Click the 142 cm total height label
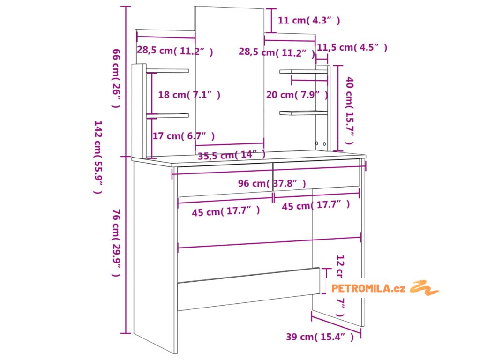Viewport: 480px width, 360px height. click(x=98, y=157)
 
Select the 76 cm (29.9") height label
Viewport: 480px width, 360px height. click(x=117, y=244)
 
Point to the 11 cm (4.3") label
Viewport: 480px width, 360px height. click(x=309, y=20)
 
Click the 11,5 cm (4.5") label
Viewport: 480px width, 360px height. click(x=352, y=47)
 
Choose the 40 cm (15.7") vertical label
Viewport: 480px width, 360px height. click(x=349, y=111)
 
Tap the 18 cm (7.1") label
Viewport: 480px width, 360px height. click(x=189, y=95)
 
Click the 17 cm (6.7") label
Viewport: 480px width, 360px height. click(x=184, y=136)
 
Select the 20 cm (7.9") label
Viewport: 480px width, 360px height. click(x=297, y=95)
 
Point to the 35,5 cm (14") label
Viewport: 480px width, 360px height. click(x=232, y=156)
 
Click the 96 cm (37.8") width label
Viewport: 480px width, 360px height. click(x=271, y=183)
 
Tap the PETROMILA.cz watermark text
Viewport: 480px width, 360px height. click(x=368, y=288)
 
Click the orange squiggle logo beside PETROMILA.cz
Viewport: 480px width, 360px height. click(x=424, y=287)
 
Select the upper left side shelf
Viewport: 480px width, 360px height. click(x=167, y=71)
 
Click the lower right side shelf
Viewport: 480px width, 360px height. click(x=303, y=112)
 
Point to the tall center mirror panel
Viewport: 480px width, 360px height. click(x=229, y=75)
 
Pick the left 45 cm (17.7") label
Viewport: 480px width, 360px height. click(x=226, y=212)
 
